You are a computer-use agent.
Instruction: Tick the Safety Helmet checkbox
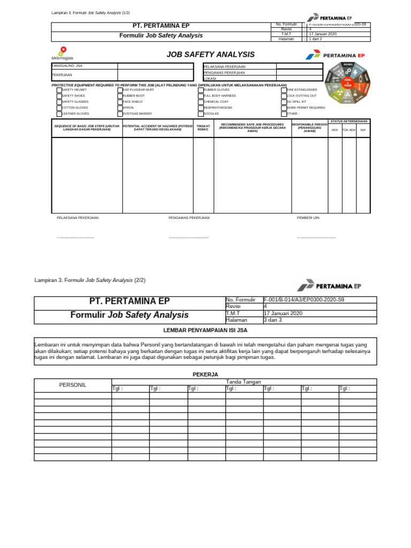59,90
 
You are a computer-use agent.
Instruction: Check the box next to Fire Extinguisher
284,90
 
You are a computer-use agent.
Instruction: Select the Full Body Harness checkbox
201,96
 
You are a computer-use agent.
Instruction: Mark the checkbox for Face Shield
120,102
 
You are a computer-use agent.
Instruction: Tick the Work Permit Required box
284,108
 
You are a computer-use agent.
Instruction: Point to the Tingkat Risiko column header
203,128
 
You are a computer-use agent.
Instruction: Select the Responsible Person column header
309,128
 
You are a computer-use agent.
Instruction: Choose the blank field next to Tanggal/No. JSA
155,66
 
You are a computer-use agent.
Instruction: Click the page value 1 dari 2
321,39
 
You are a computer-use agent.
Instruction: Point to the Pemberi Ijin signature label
308,218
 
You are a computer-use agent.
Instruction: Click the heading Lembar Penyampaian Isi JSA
205,330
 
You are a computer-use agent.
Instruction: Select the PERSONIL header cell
73,385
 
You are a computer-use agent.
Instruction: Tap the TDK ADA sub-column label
349,130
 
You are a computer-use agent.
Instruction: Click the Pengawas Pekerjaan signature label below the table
189,218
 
